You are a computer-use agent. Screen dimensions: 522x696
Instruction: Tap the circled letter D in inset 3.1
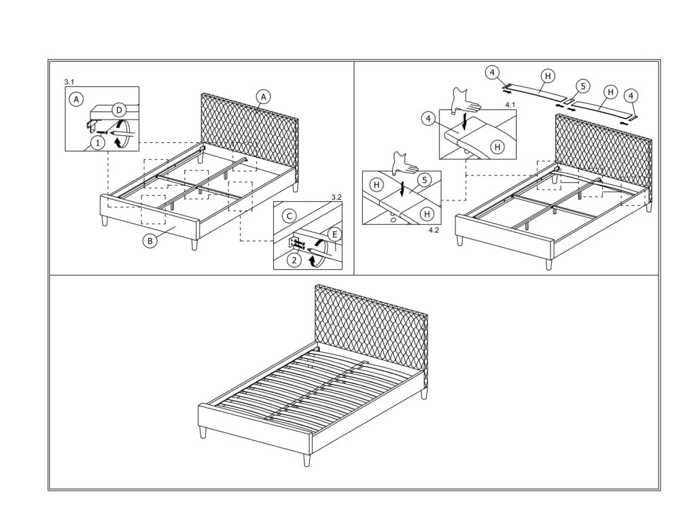(x=118, y=109)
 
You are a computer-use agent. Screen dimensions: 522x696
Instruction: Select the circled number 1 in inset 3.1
(x=98, y=142)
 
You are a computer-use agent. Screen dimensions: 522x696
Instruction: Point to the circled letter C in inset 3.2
(x=288, y=216)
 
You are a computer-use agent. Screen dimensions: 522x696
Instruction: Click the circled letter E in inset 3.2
(x=333, y=235)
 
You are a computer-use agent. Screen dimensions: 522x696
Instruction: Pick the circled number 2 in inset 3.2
(x=293, y=259)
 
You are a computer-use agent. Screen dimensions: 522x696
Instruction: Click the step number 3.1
(x=69, y=82)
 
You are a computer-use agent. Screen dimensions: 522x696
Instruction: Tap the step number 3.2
(x=335, y=197)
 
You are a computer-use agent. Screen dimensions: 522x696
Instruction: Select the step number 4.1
(x=511, y=105)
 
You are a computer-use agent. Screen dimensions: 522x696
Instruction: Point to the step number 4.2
(x=434, y=230)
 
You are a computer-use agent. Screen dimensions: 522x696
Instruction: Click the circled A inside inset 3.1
(x=77, y=99)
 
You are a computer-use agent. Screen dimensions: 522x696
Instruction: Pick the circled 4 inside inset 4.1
(x=428, y=119)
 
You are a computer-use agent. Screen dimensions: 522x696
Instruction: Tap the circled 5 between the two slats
(x=582, y=86)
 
